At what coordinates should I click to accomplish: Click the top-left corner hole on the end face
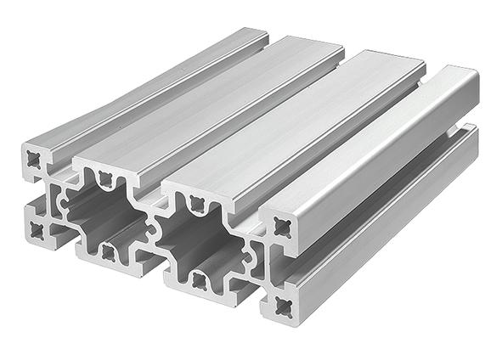(x=36, y=159)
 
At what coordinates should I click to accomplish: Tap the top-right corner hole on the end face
(x=282, y=225)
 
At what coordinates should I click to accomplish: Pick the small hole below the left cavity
(x=108, y=251)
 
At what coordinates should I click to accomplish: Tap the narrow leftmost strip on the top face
(x=144, y=85)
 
